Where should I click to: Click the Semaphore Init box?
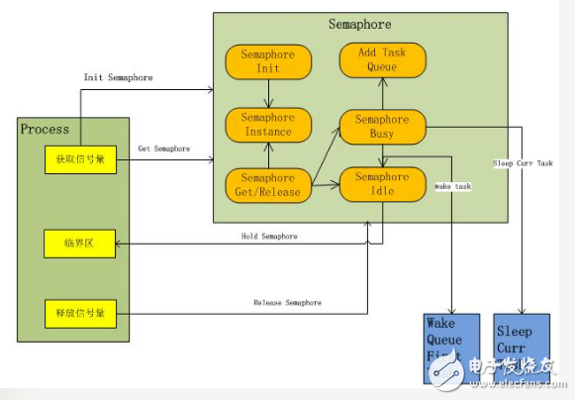tap(268, 61)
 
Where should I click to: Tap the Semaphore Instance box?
tap(268, 125)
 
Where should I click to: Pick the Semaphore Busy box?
tap(381, 125)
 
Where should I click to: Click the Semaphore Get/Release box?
tap(268, 183)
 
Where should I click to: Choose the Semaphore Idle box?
tap(381, 183)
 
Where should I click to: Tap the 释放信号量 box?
tap(80, 314)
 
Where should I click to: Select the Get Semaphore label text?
tap(164, 149)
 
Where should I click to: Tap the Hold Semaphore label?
tap(269, 236)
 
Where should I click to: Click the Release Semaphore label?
tap(287, 302)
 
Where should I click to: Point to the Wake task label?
tap(452, 185)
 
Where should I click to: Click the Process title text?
tap(46, 129)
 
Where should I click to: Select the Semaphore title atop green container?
tap(360, 23)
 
